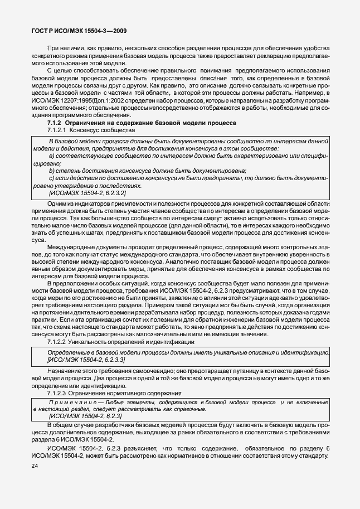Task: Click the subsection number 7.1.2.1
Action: pyautogui.click(x=58, y=129)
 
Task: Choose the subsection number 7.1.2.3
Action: pyautogui.click(x=58, y=393)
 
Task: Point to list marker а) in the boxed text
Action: pyautogui.click(x=52, y=157)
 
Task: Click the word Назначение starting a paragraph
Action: pyautogui.click(x=66, y=371)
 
